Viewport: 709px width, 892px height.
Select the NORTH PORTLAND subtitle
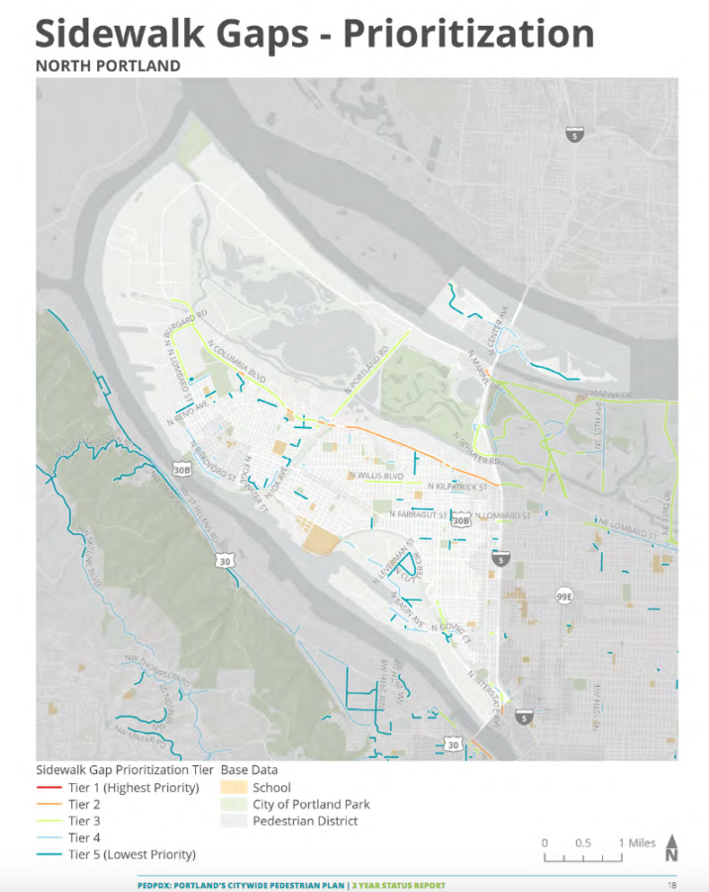pyautogui.click(x=108, y=66)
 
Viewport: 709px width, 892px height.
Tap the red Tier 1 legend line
pyautogui.click(x=49, y=788)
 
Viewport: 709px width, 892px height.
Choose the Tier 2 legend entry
pyautogui.click(x=84, y=805)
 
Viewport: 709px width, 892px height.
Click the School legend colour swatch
pyautogui.click(x=234, y=788)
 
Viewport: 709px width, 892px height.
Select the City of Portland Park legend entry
pyautogui.click(x=311, y=804)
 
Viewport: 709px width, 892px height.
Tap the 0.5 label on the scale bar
pyautogui.click(x=582, y=842)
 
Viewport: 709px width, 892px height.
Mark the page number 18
pyautogui.click(x=671, y=885)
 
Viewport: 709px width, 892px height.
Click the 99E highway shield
pyautogui.click(x=563, y=597)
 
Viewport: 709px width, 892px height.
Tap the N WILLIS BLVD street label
pyautogui.click(x=376, y=476)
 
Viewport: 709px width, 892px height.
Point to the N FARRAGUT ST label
pyautogui.click(x=419, y=514)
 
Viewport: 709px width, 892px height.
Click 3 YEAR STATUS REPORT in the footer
pyautogui.click(x=400, y=885)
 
